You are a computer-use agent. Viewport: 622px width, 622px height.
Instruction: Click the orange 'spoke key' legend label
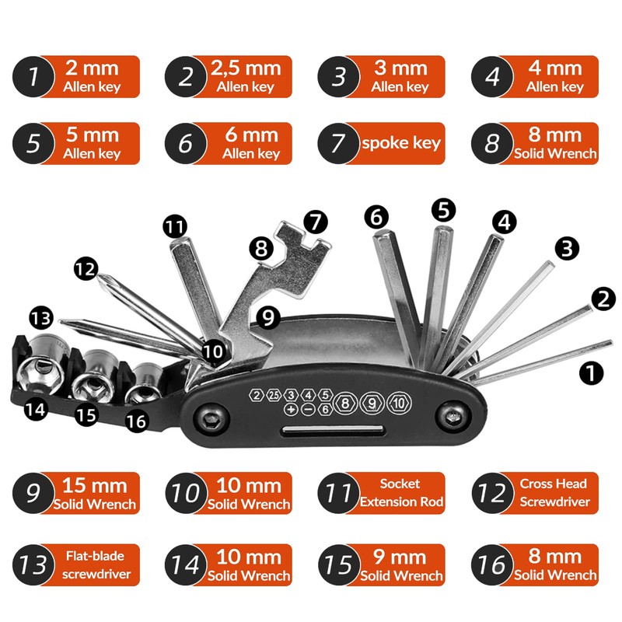click(x=399, y=143)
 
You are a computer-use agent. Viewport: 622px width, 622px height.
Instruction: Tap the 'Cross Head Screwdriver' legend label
click(x=554, y=493)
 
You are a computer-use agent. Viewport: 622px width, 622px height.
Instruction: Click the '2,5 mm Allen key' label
click(x=246, y=76)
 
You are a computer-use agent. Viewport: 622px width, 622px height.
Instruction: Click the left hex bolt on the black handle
click(x=211, y=418)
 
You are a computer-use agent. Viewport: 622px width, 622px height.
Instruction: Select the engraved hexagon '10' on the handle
click(x=397, y=403)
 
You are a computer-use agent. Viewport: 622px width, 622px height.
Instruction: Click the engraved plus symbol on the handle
click(x=291, y=409)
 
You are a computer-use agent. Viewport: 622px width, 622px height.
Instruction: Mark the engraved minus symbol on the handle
click(x=309, y=409)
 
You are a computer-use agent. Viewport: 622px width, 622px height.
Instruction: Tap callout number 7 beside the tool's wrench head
click(x=316, y=222)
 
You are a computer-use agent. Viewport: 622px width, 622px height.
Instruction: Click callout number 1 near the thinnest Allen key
click(x=592, y=372)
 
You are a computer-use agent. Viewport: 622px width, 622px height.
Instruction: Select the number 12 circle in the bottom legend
click(x=491, y=493)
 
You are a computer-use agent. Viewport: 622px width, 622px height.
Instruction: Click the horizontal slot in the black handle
click(x=330, y=432)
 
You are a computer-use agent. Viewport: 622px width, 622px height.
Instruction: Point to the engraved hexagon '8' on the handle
click(x=346, y=403)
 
